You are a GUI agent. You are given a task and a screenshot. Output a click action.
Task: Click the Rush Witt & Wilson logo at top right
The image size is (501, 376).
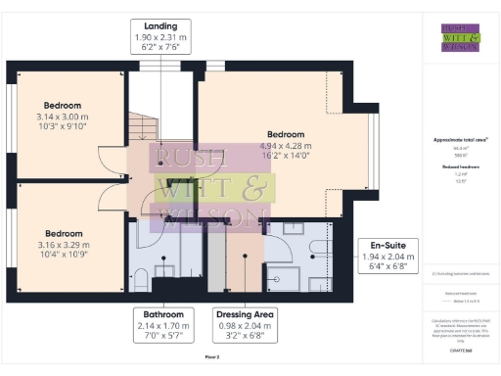pyautogui.click(x=453, y=36)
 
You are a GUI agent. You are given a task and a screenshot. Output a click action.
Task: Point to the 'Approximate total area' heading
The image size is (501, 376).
pyautogui.click(x=453, y=139)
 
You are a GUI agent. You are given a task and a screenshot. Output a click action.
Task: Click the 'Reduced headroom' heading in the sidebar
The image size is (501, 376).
pyautogui.click(x=453, y=166)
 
